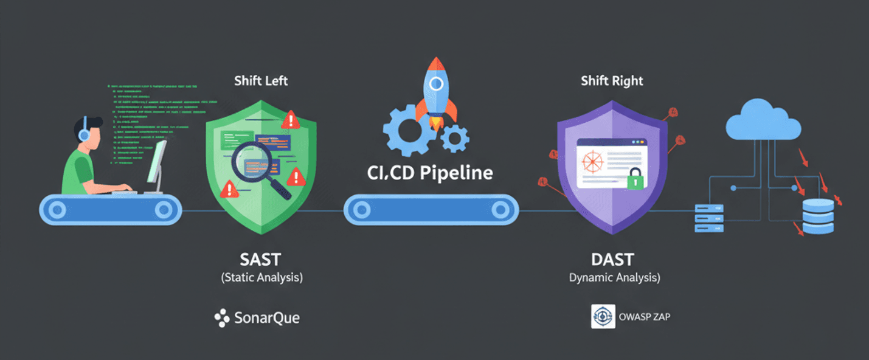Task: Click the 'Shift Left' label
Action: tap(261, 80)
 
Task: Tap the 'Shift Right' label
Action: tap(612, 80)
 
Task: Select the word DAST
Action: tap(612, 259)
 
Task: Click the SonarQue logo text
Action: tap(266, 317)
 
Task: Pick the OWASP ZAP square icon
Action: tap(603, 316)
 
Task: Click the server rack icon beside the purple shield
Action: tap(710, 218)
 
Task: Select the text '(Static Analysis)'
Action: tap(261, 277)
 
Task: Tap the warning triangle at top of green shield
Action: tap(291, 120)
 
